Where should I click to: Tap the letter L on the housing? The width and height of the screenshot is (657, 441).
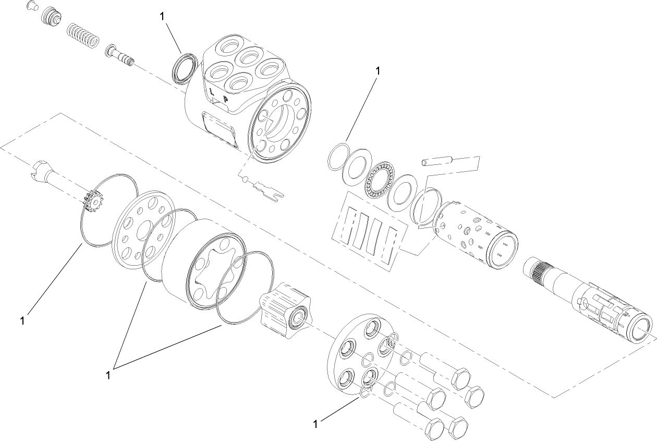click(212, 91)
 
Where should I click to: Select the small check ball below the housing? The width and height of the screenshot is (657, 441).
click(246, 180)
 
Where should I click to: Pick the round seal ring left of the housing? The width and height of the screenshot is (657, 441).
click(185, 67)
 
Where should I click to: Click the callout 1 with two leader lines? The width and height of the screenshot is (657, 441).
click(110, 375)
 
